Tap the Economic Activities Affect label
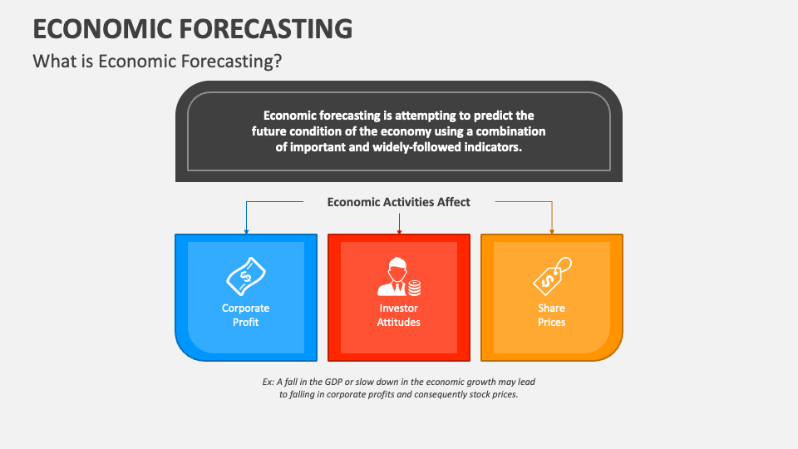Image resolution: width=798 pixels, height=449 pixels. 399,202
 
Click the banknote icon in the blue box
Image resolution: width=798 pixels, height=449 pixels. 245,275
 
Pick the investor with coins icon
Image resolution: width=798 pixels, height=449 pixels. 399,277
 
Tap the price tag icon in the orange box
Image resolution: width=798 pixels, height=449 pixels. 551,275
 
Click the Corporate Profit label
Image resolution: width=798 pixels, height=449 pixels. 245,315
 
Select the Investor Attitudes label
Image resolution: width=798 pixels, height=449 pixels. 399,315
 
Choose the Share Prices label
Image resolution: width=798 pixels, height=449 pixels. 551,315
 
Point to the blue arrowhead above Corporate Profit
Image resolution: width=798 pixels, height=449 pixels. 246,230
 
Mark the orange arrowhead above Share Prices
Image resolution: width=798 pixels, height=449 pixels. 552,230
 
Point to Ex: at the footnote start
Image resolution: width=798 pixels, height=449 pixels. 268,382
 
